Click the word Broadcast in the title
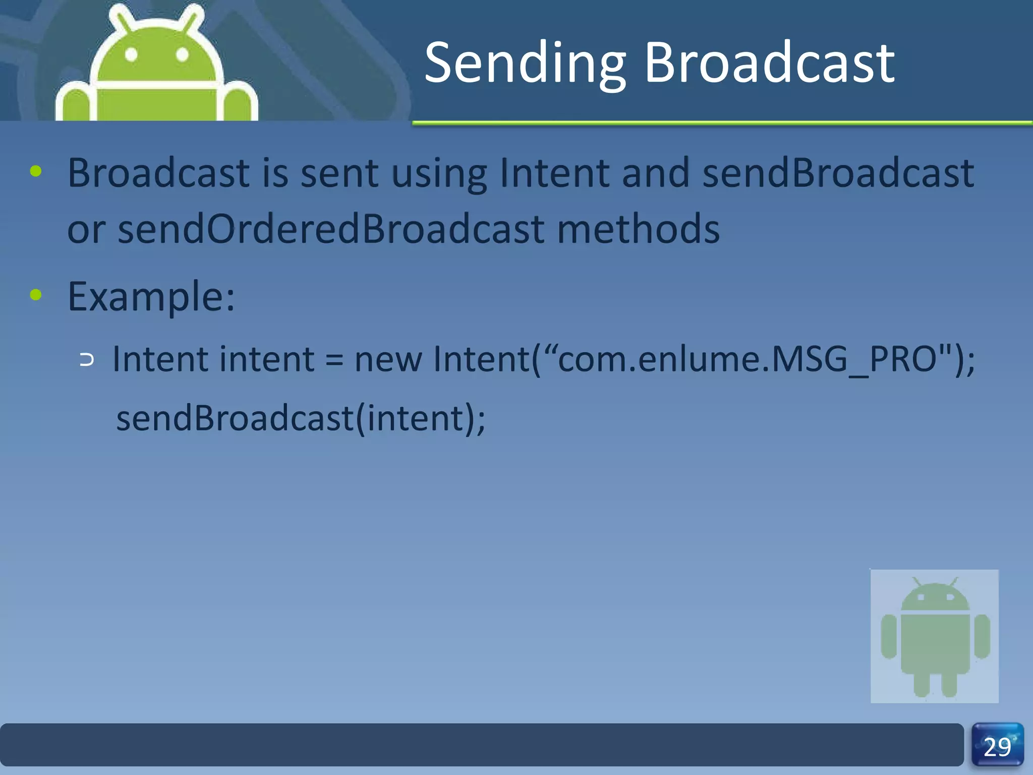coord(769,63)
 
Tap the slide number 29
coord(997,747)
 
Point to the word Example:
coord(151,297)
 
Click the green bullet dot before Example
coord(36,295)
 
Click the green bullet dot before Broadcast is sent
coord(36,171)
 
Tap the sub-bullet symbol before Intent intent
coord(87,360)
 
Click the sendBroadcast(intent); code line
coord(301,418)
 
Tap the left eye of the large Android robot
coord(131,54)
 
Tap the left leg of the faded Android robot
coord(922,685)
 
